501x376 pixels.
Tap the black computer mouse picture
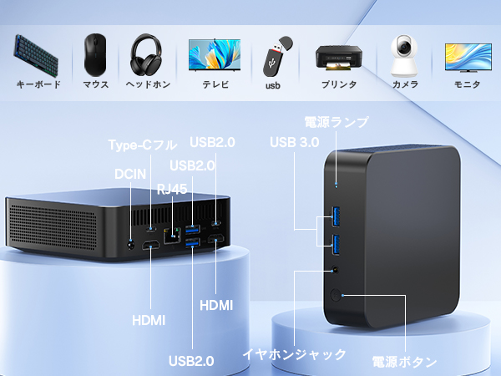tap(94, 54)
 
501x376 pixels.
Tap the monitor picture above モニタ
tap(467, 56)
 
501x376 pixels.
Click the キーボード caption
tap(38, 84)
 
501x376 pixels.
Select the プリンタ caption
tap(339, 84)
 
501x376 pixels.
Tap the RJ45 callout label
tap(173, 188)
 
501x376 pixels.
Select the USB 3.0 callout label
tap(295, 143)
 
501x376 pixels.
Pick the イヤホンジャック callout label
tap(294, 353)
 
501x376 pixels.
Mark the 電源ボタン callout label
tap(404, 362)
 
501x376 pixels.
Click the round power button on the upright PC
tap(337, 295)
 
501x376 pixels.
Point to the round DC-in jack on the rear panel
tap(130, 245)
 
